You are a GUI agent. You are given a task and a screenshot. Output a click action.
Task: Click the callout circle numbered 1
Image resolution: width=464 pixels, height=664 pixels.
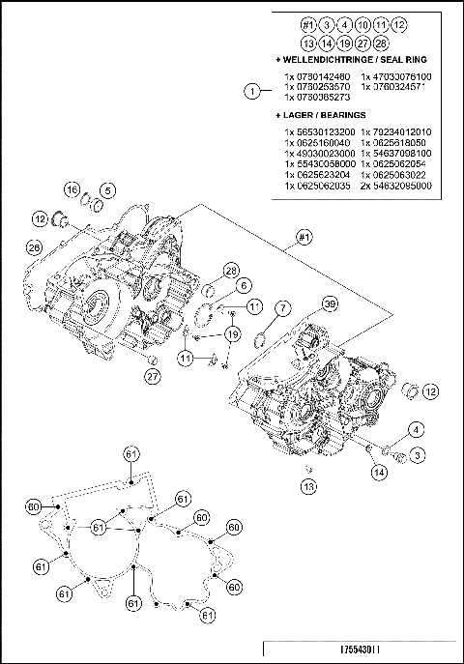tap(253, 91)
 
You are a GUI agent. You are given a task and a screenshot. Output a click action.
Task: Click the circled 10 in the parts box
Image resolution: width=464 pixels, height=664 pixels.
tap(362, 23)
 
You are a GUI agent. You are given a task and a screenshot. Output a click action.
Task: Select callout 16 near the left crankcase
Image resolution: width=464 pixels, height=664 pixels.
tap(72, 188)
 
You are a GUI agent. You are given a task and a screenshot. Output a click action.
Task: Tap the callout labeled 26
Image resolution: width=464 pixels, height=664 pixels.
tap(34, 248)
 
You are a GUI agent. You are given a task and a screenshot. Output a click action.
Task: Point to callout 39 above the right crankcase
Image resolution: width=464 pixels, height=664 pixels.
tap(330, 304)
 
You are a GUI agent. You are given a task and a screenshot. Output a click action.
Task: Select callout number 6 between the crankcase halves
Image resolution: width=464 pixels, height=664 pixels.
tap(242, 285)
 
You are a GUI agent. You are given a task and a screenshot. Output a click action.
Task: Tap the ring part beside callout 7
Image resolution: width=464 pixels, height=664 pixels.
tap(261, 338)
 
